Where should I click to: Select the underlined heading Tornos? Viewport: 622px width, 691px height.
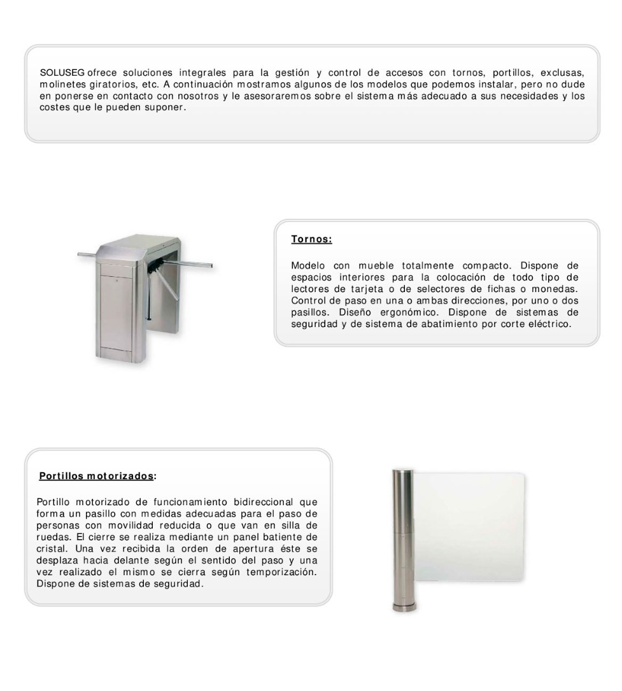[312, 240]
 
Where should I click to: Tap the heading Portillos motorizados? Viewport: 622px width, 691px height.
[95, 475]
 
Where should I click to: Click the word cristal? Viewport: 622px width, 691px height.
[53, 554]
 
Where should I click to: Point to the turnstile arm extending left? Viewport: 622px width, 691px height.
[95, 255]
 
